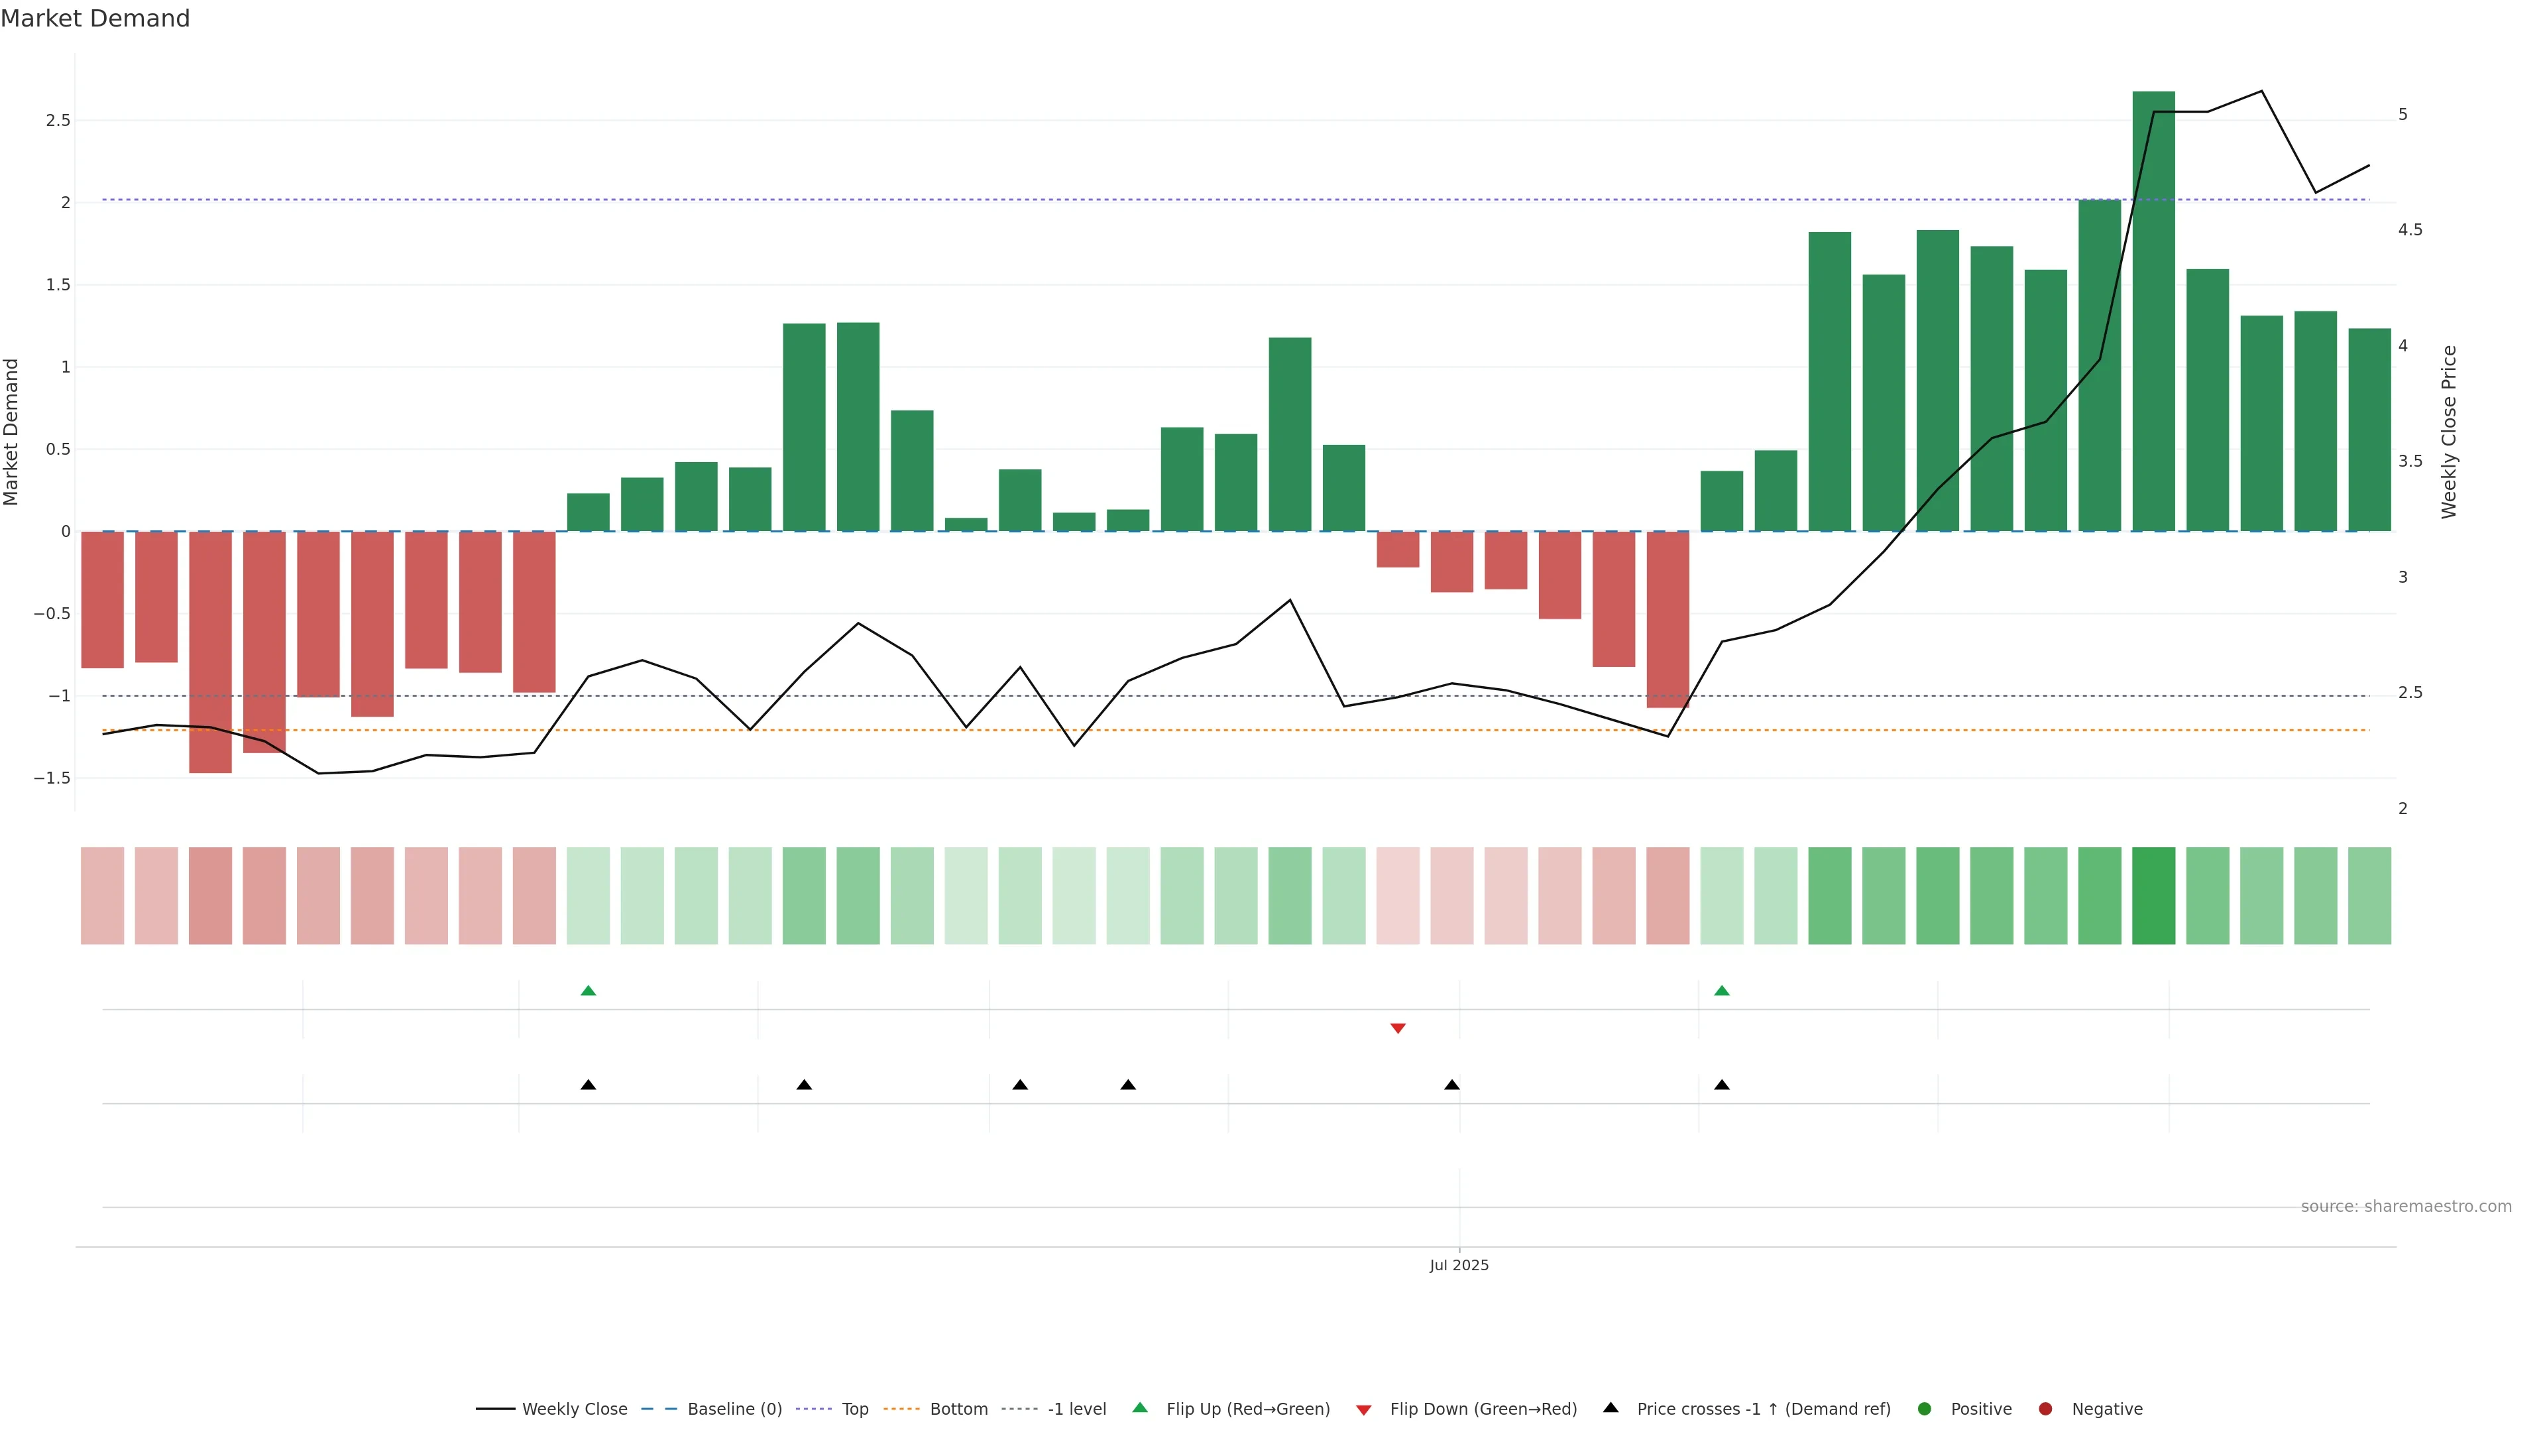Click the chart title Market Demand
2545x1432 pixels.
pos(95,19)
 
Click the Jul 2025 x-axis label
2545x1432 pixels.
pos(1458,1265)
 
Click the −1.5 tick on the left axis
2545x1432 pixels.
pos(52,778)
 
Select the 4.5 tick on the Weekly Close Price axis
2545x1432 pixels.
pos(2410,230)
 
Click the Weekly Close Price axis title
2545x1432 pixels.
pos(2448,432)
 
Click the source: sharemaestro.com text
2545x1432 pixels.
pos(2406,1207)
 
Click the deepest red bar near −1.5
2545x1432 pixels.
pos(211,652)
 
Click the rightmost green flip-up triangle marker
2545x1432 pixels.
pos(1721,990)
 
